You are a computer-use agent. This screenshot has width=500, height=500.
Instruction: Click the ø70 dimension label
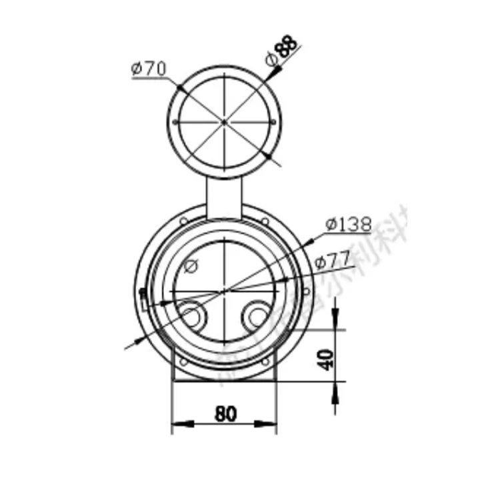click(x=149, y=68)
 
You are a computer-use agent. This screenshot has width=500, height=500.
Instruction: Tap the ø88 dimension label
click(x=281, y=51)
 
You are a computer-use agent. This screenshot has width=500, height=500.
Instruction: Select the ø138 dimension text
click(x=348, y=225)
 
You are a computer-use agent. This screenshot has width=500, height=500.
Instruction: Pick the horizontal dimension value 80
click(x=225, y=414)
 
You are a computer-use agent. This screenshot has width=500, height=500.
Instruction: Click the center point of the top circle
click(x=224, y=122)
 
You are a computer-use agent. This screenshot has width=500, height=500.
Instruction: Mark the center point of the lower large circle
click(x=225, y=291)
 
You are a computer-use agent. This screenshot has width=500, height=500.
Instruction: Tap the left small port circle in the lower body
click(x=192, y=316)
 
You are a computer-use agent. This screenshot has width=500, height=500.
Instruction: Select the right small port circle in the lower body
click(x=257, y=316)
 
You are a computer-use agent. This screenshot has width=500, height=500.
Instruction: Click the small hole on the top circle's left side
click(x=175, y=122)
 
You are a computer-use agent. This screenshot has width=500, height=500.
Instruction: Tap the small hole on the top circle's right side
click(x=273, y=122)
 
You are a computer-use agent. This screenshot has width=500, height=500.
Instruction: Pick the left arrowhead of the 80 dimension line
click(x=180, y=423)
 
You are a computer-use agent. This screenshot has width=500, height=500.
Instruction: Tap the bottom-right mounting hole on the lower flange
click(x=265, y=362)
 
